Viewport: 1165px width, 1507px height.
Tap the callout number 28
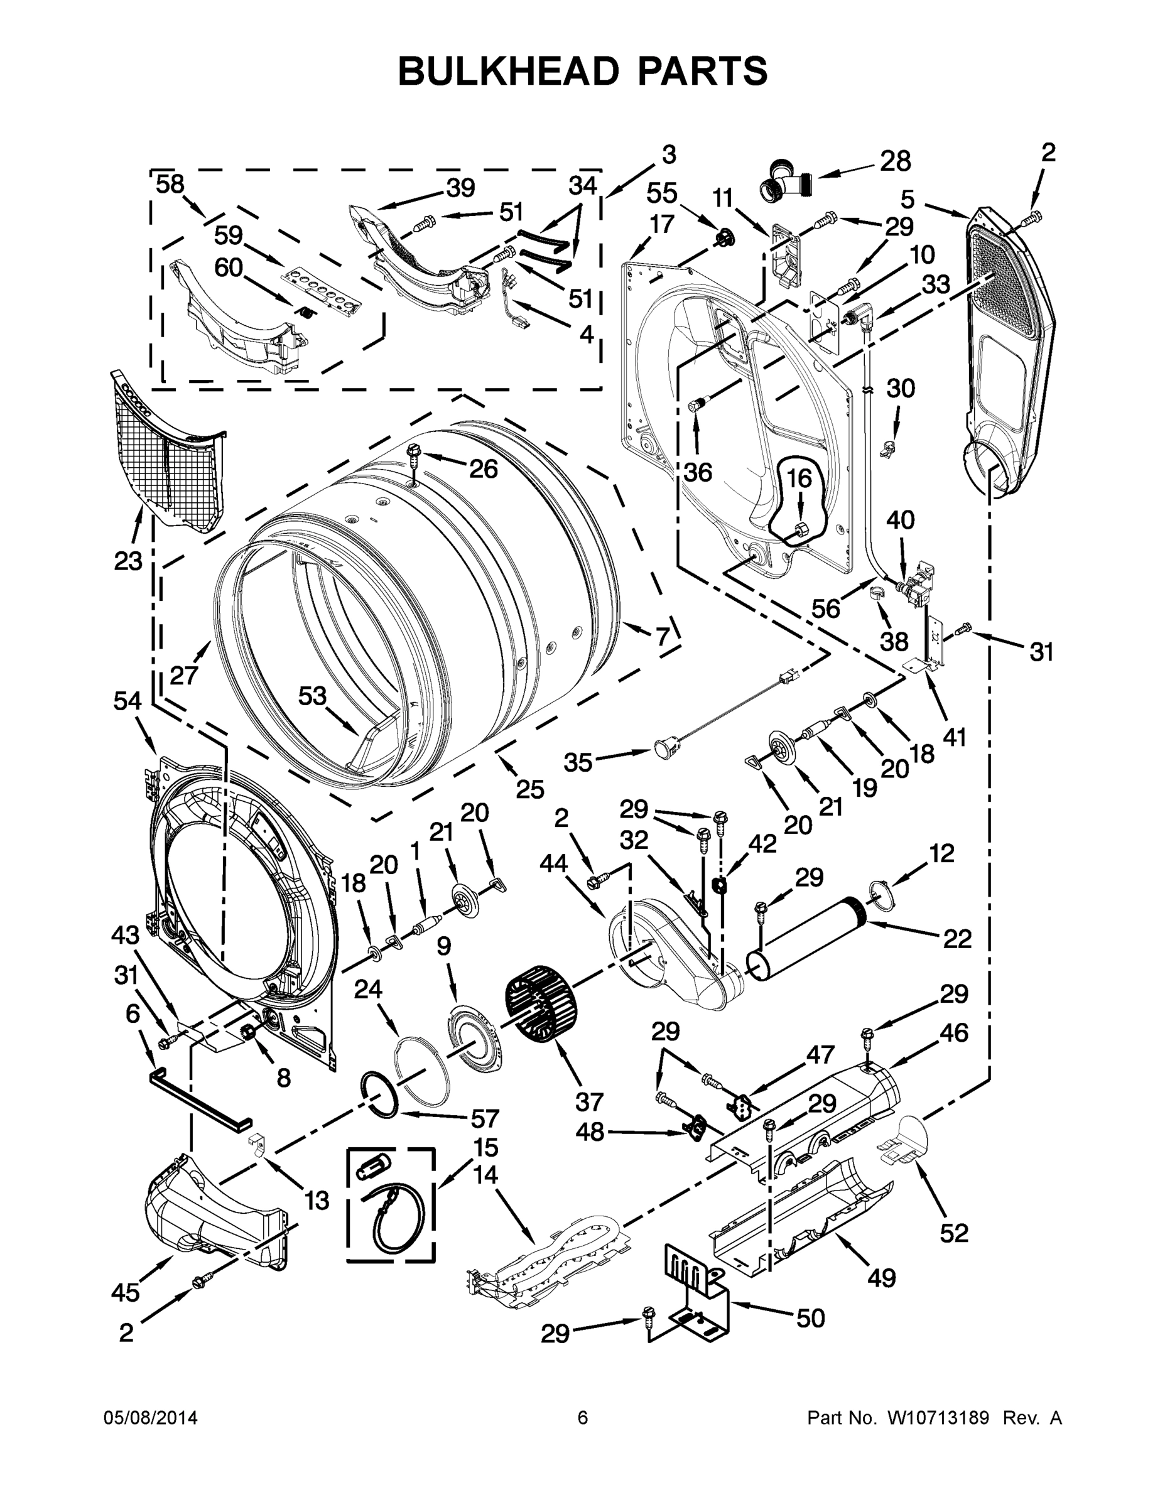click(895, 161)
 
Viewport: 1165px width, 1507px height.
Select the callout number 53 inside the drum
click(312, 696)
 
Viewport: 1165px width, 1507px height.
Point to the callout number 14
click(486, 1174)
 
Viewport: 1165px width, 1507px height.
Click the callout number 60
click(229, 266)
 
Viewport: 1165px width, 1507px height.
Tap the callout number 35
click(578, 762)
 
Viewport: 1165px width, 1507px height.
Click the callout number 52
click(954, 1233)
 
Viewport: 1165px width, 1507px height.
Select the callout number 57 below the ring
click(484, 1118)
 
